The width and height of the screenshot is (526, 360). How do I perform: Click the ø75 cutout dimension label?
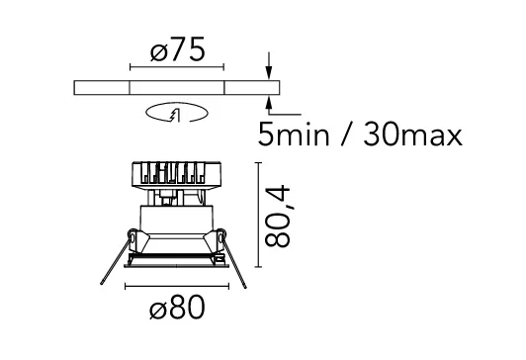[177, 49]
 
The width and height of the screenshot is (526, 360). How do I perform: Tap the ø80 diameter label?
[177, 307]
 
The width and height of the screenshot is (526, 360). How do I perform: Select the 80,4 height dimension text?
[277, 217]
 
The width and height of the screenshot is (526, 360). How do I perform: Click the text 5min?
[294, 134]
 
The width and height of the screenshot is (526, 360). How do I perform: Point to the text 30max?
[413, 134]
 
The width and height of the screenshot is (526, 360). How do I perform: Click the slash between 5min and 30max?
[346, 134]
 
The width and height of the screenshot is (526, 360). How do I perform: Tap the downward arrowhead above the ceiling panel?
[268, 73]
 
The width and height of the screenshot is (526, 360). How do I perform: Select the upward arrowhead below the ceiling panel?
[268, 102]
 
